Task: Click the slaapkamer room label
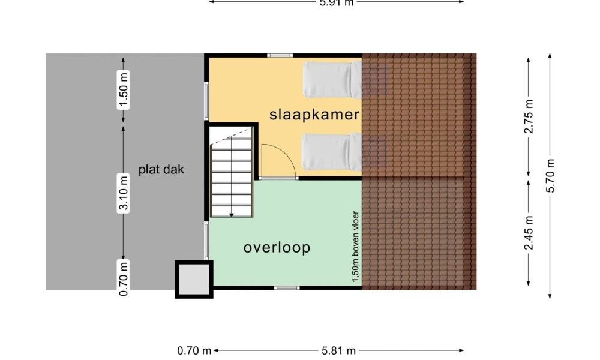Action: pyautogui.click(x=314, y=115)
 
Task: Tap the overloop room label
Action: pyautogui.click(x=277, y=248)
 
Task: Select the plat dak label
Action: pyautogui.click(x=161, y=169)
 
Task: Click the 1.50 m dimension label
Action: pyautogui.click(x=123, y=90)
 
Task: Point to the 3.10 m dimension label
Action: pyautogui.click(x=123, y=193)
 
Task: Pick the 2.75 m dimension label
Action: pyautogui.click(x=529, y=116)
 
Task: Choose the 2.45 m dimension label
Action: pyautogui.click(x=529, y=233)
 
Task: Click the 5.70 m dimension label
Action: pyautogui.click(x=550, y=176)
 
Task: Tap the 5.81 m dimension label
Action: pyautogui.click(x=338, y=350)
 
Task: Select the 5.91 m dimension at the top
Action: pyautogui.click(x=337, y=2)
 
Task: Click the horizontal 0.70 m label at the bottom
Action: pyautogui.click(x=194, y=350)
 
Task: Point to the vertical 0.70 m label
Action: pyautogui.click(x=123, y=278)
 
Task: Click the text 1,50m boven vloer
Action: pyautogui.click(x=356, y=247)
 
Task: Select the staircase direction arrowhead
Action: pyautogui.click(x=232, y=215)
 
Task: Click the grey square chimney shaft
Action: pyautogui.click(x=194, y=279)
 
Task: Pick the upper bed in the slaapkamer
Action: pyautogui.click(x=332, y=80)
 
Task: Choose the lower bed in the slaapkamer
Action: pyautogui.click(x=331, y=151)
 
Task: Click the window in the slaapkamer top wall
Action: pyautogui.click(x=280, y=55)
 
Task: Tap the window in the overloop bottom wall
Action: pyautogui.click(x=287, y=287)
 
